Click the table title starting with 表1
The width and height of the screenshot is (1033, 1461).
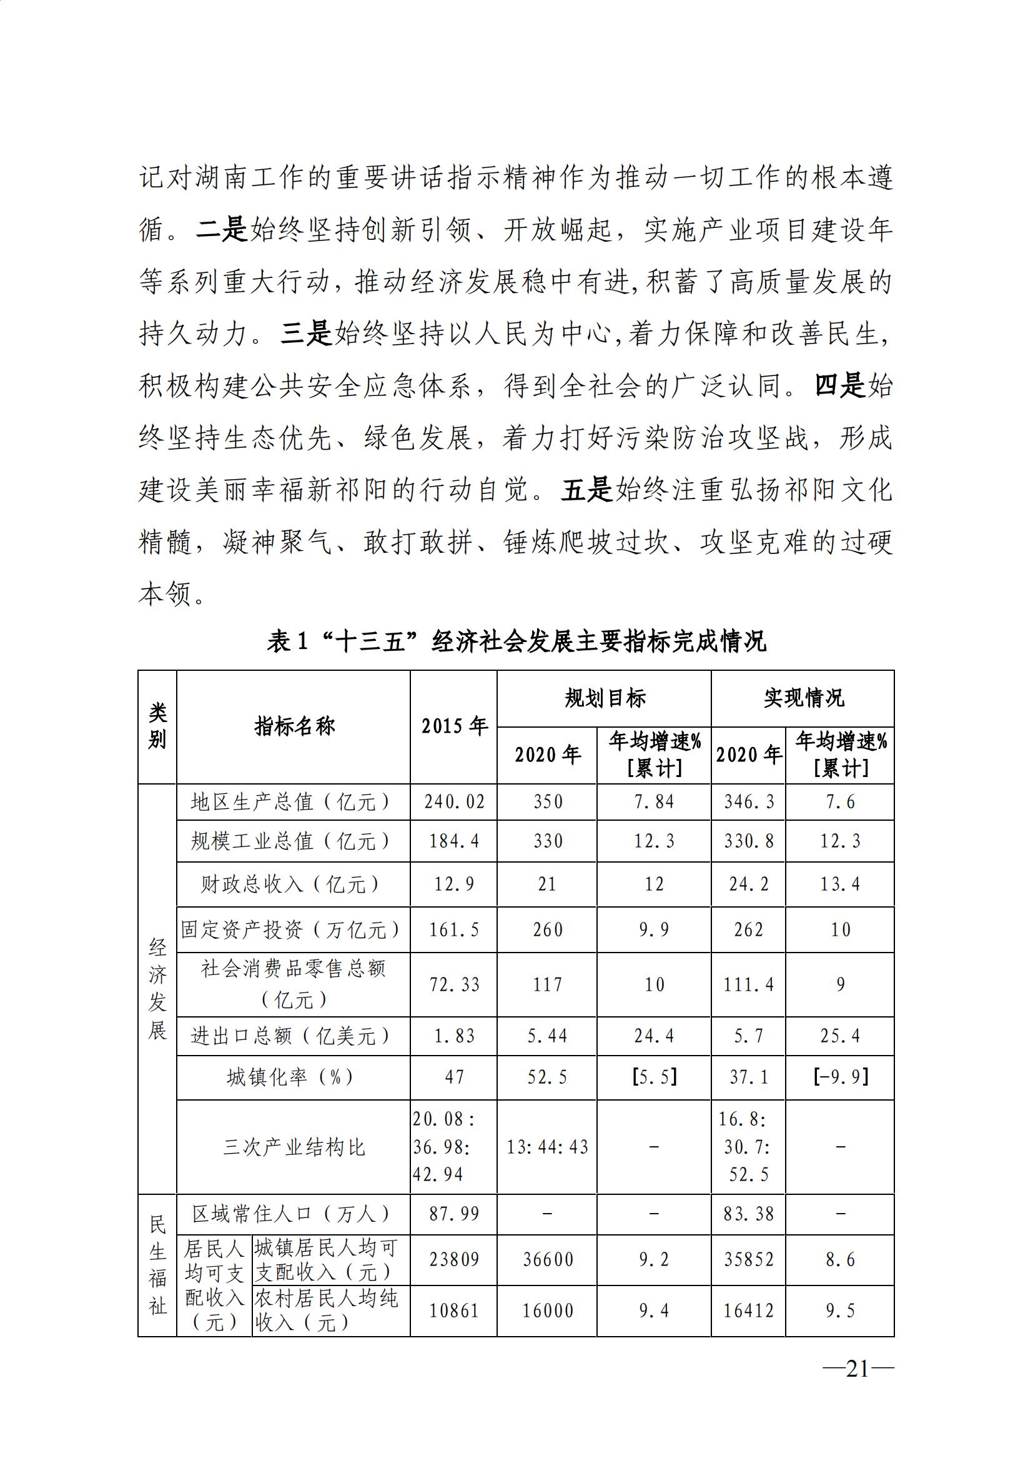(516, 641)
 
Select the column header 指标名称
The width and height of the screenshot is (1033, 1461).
(294, 726)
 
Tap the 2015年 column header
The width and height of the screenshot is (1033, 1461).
(453, 726)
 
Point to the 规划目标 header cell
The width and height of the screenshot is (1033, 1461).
(605, 698)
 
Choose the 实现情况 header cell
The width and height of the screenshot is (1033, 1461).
(803, 698)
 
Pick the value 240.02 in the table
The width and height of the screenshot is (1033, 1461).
(454, 802)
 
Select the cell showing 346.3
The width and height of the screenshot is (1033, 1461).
(749, 802)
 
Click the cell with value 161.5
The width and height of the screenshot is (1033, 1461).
(454, 929)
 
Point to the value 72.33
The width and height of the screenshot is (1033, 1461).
(454, 984)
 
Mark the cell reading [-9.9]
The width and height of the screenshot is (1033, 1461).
(840, 1077)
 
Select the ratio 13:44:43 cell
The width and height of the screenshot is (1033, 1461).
(547, 1147)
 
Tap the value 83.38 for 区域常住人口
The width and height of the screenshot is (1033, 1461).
(749, 1214)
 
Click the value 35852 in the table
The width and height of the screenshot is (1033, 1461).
(749, 1259)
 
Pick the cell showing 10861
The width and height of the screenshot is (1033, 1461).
(454, 1311)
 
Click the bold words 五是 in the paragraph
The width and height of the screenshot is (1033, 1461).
(586, 490)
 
